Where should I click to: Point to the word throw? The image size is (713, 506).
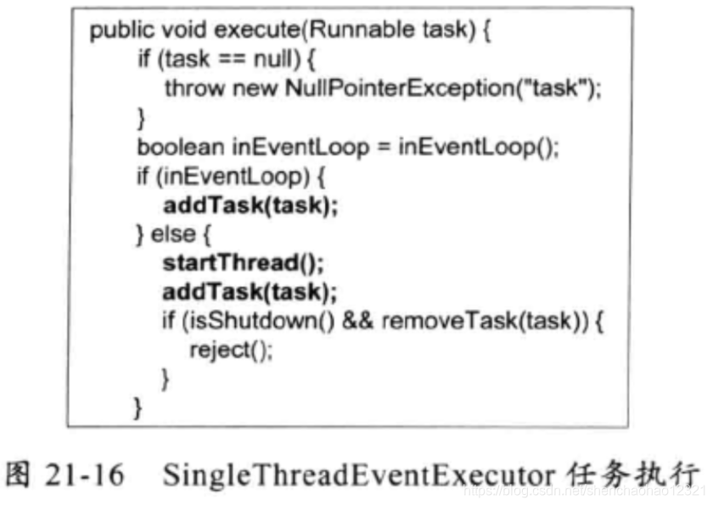pos(188,87)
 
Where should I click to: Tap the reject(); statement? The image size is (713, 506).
pos(231,351)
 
